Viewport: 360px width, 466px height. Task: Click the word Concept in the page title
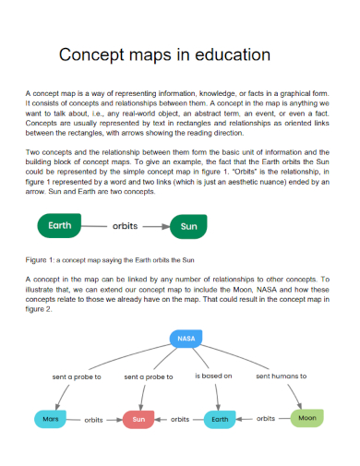(x=90, y=54)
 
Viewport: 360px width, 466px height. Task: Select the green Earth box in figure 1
(x=59, y=224)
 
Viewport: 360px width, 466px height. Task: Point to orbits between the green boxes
(x=125, y=224)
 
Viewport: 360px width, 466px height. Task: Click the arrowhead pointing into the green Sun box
(x=167, y=224)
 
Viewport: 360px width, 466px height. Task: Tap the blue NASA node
(x=186, y=339)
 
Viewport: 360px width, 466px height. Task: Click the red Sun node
(x=139, y=420)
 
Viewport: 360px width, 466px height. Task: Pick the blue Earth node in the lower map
(x=220, y=420)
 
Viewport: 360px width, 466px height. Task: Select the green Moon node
(x=307, y=418)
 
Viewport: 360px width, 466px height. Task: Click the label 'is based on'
(x=214, y=376)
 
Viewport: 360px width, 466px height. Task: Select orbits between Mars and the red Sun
(x=93, y=420)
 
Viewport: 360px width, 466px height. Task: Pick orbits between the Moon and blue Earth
(x=266, y=418)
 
